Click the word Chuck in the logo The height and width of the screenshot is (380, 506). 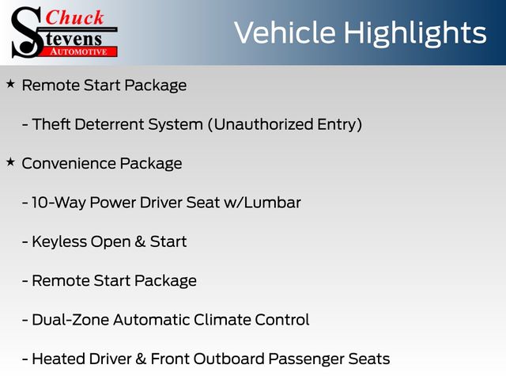click(x=74, y=17)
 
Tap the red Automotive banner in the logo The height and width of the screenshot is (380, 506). click(x=80, y=51)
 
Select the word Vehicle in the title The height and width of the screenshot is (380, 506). click(x=285, y=32)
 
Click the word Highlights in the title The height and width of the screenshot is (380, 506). click(x=414, y=33)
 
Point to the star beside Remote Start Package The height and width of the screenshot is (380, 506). click(x=10, y=84)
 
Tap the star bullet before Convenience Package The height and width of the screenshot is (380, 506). click(x=10, y=161)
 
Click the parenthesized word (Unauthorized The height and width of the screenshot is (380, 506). click(x=260, y=125)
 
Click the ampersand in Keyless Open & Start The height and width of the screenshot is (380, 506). click(x=140, y=241)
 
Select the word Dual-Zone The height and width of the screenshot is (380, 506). click(x=70, y=320)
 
